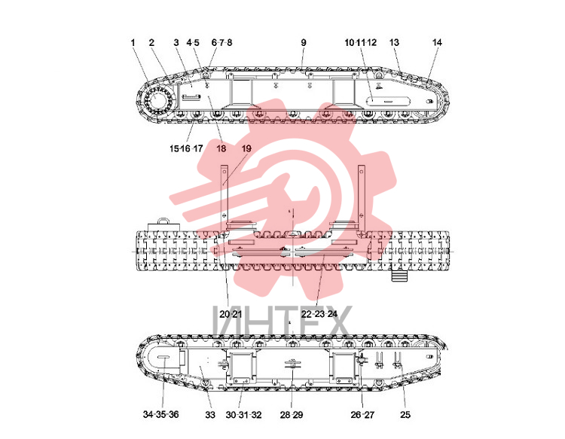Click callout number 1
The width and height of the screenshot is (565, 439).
(133, 42)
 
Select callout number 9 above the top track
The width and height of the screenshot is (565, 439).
(304, 42)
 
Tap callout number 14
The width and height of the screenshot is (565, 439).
(437, 42)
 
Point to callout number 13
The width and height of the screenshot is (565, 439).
(394, 42)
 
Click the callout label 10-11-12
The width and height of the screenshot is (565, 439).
(360, 42)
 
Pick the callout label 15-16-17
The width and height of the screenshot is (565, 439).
(186, 148)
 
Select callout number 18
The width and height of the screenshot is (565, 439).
(221, 148)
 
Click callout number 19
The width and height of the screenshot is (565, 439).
(246, 148)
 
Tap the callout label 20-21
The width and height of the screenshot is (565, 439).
(231, 314)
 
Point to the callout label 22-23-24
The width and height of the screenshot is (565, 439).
(319, 314)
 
